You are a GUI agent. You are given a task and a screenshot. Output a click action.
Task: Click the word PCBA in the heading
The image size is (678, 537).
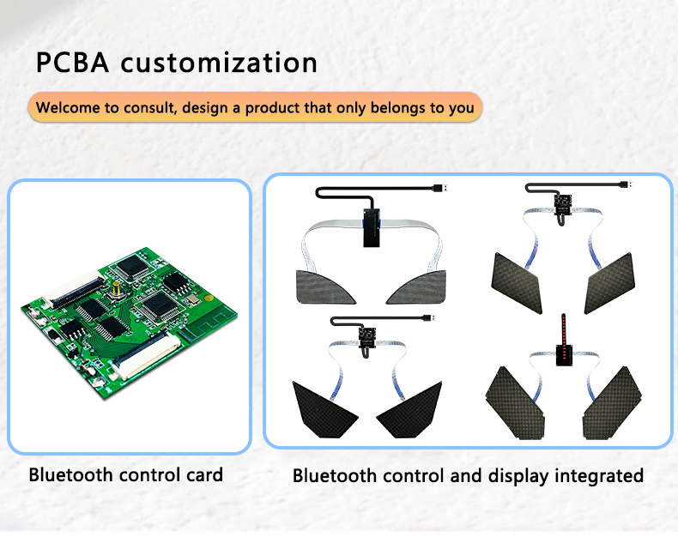point(72,63)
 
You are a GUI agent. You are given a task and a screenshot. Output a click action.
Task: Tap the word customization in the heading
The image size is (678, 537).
point(219,63)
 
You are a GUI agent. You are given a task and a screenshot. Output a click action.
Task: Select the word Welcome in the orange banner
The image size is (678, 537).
point(68,107)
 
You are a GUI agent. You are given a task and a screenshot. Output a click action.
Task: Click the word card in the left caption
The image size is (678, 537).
point(204,474)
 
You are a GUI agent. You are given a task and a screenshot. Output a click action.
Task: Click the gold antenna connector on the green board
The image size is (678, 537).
point(116,289)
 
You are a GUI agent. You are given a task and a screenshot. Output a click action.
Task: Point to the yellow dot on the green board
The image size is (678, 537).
point(209,298)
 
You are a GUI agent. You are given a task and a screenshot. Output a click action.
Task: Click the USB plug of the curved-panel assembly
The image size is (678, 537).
point(439,189)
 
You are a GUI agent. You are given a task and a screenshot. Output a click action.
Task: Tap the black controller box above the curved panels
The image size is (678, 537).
point(372,227)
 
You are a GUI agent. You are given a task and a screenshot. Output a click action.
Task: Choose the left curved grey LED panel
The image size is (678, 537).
point(325,287)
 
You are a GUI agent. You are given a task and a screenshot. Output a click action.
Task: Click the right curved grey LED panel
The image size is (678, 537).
point(416,287)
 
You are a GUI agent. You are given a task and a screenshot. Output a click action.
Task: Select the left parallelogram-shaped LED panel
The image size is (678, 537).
point(517,283)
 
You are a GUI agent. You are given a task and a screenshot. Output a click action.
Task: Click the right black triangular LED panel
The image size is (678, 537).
point(409,409)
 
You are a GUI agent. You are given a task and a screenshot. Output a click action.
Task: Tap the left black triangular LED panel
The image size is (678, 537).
point(325,409)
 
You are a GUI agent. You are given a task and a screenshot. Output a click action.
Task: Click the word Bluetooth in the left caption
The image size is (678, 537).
point(70,474)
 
